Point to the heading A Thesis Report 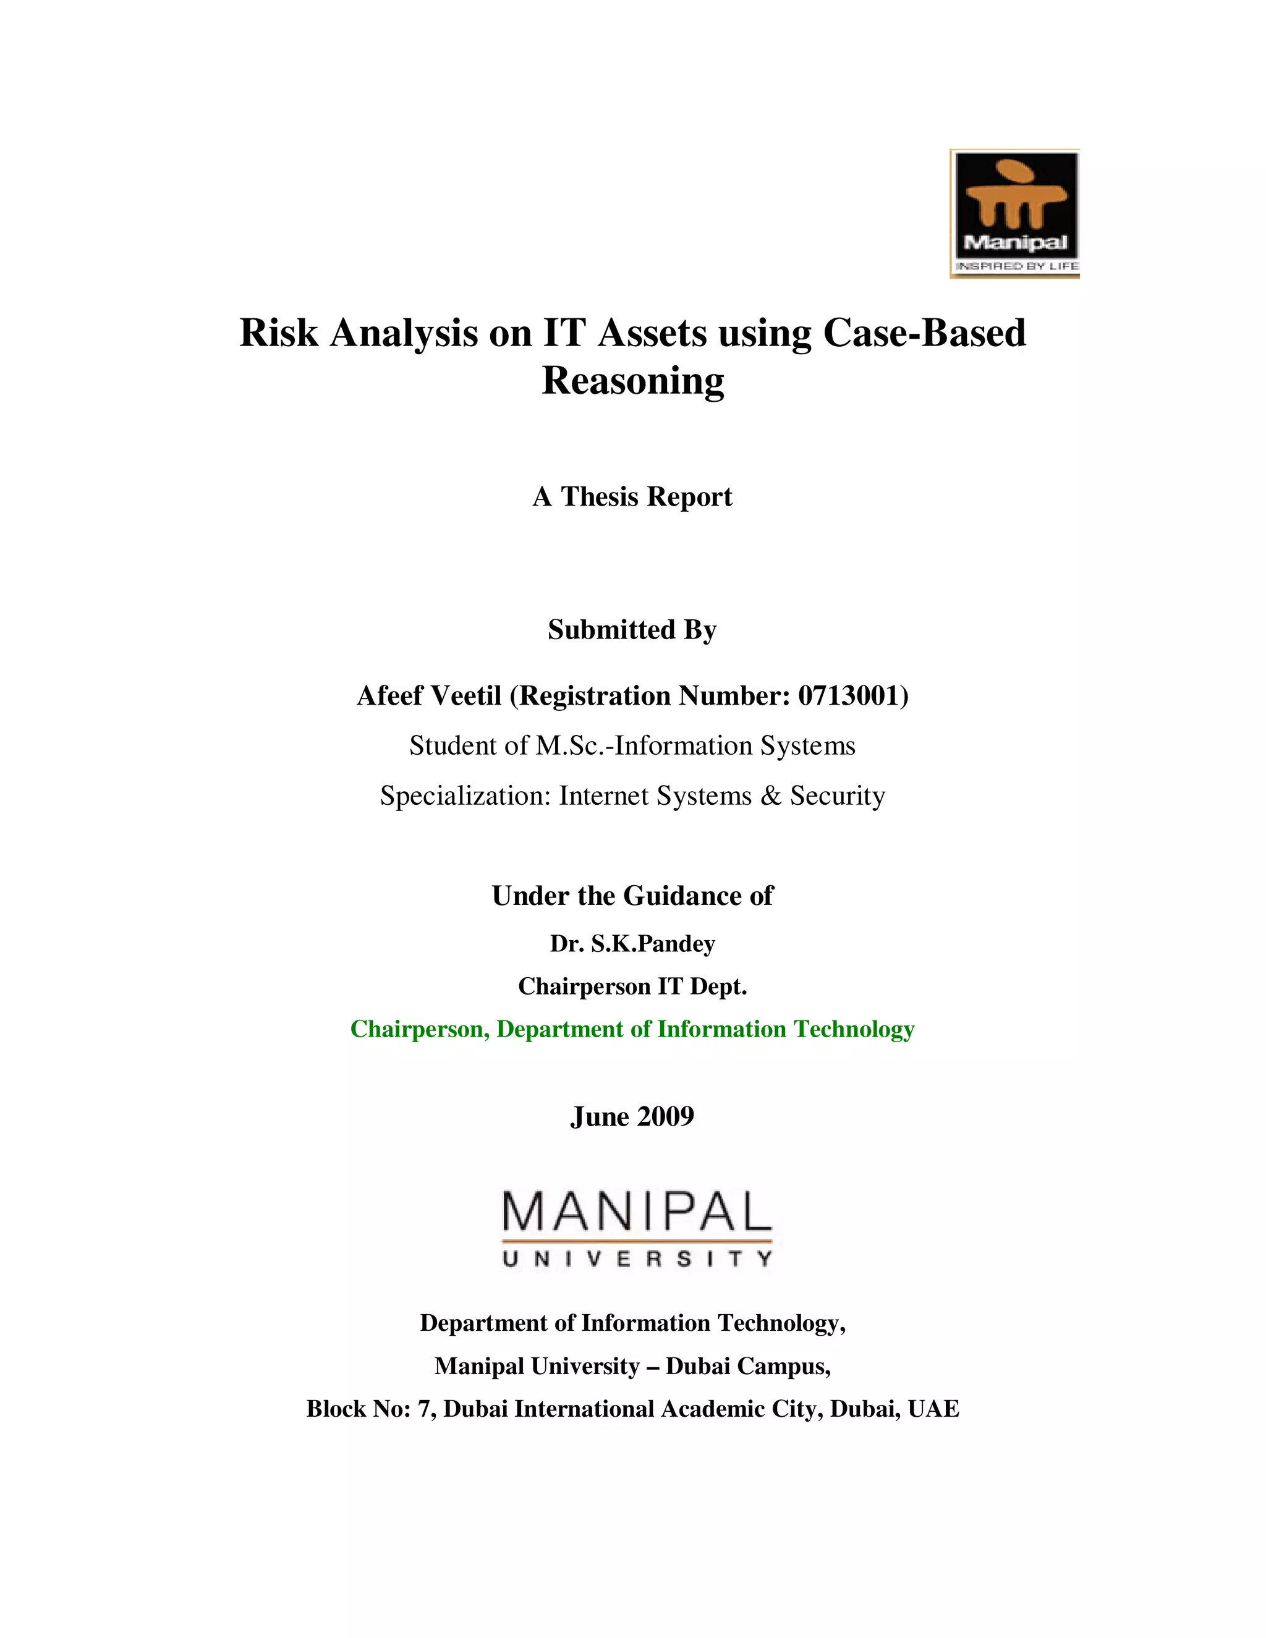632,496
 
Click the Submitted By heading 632,629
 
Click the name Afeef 389,696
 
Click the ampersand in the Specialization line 770,795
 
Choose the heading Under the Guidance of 632,896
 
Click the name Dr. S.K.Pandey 632,943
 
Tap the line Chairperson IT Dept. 632,987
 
